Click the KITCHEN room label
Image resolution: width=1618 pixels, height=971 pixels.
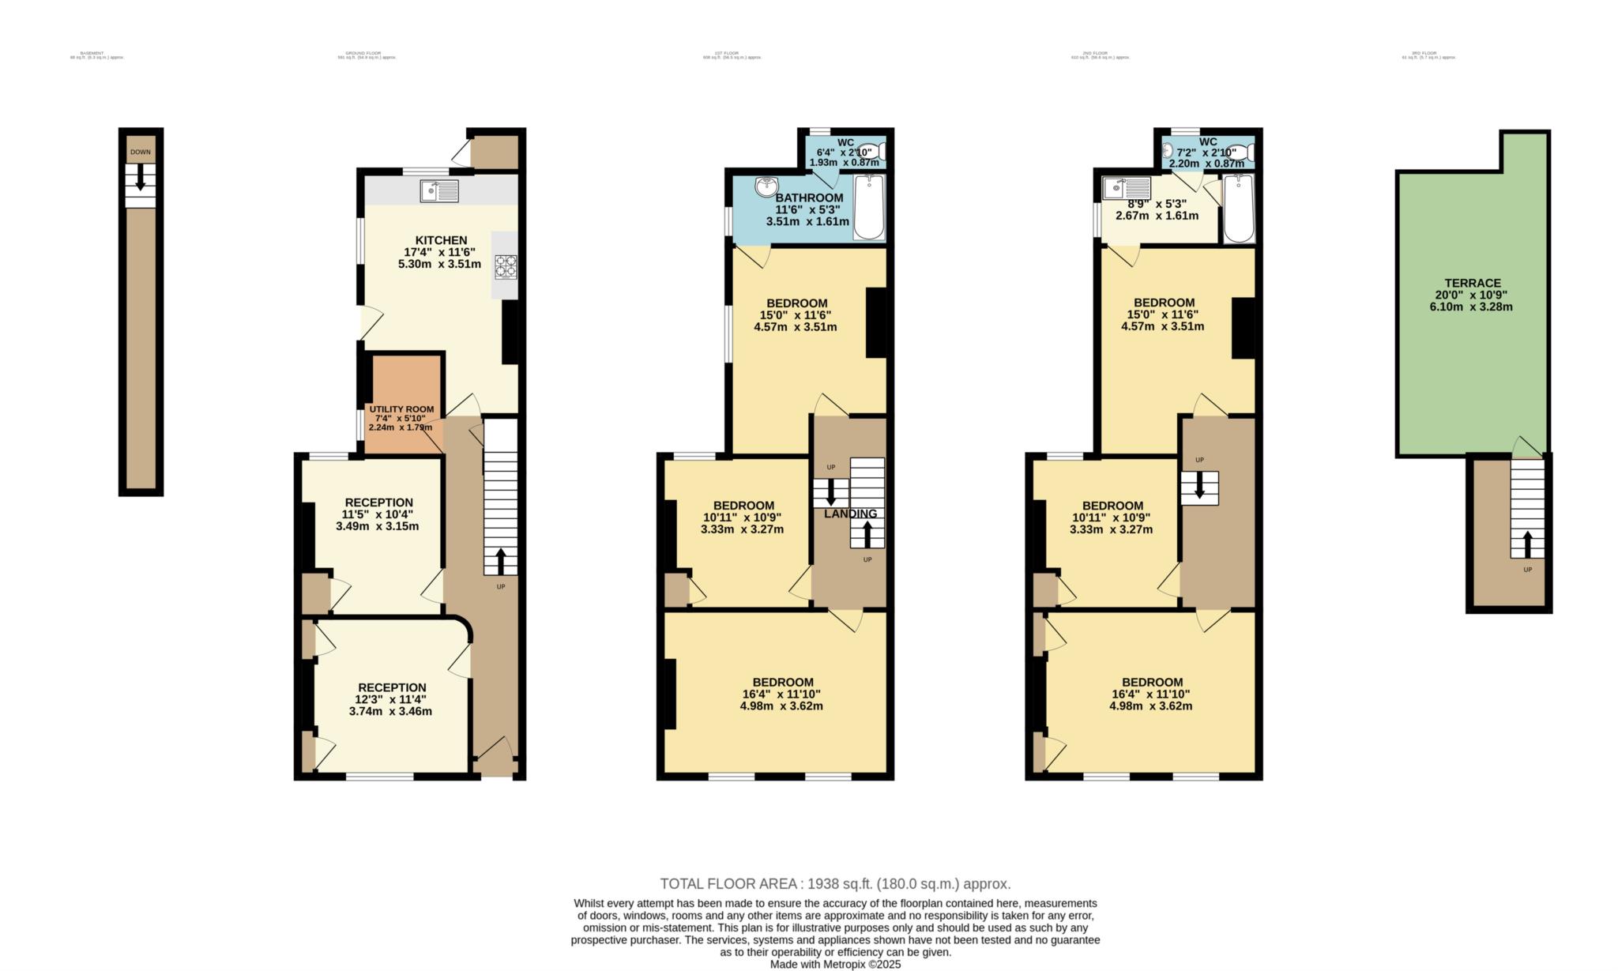pos(441,240)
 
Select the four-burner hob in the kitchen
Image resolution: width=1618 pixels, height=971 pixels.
pos(506,266)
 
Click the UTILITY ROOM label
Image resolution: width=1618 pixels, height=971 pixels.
pos(401,409)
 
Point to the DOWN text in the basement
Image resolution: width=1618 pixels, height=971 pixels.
pos(141,152)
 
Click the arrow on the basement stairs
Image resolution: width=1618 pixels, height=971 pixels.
pos(141,177)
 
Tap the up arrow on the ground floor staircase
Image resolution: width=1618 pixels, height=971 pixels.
pos(501,562)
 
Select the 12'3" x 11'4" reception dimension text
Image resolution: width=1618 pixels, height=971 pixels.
pos(390,699)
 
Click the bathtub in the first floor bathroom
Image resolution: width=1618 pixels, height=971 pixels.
pos(869,207)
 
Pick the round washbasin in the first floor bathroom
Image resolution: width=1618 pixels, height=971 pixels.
pos(766,186)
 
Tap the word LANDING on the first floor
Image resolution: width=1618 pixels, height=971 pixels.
pos(850,514)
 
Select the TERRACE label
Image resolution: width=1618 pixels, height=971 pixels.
pos(1472,283)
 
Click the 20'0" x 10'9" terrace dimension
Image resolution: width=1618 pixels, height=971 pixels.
pos(1471,295)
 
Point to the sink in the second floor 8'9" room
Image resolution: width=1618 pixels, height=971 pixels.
pos(1126,188)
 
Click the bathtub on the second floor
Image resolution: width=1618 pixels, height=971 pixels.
pos(1238,208)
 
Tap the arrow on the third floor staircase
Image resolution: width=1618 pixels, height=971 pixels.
pos(1527,544)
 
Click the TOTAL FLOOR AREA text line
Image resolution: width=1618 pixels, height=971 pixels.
pos(835,884)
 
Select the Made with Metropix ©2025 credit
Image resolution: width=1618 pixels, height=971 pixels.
pos(835,964)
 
